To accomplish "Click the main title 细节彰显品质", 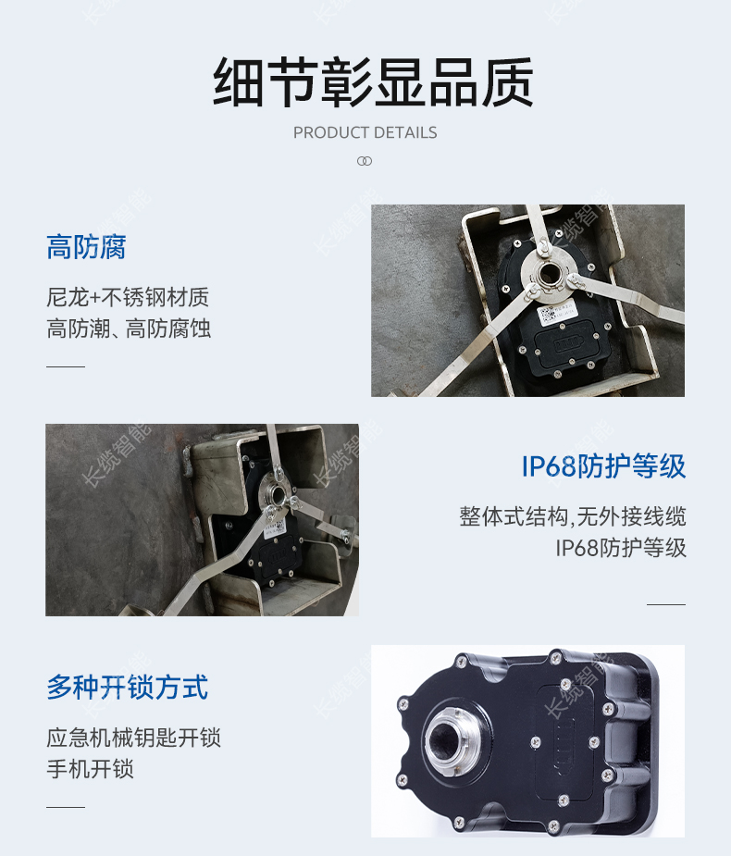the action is (x=373, y=82).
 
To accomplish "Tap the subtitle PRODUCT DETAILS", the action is (x=365, y=132).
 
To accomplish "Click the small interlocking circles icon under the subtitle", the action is (x=365, y=161).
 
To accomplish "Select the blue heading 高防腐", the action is (x=86, y=247).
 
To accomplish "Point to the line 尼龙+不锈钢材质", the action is (x=128, y=298).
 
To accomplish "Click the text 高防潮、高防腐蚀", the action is (x=129, y=329).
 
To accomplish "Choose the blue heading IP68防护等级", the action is (x=603, y=466).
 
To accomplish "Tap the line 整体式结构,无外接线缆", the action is (x=572, y=516).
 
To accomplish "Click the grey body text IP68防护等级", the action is (x=621, y=548).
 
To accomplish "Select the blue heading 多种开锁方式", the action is (x=127, y=687).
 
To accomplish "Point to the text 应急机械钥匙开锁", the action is (x=134, y=738).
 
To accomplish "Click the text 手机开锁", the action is (x=90, y=769).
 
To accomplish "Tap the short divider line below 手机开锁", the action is (x=66, y=807).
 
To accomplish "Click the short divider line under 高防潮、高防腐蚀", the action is (x=66, y=366).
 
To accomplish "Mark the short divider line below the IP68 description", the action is (x=666, y=605).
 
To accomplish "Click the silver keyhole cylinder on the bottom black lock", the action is (x=451, y=741).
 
